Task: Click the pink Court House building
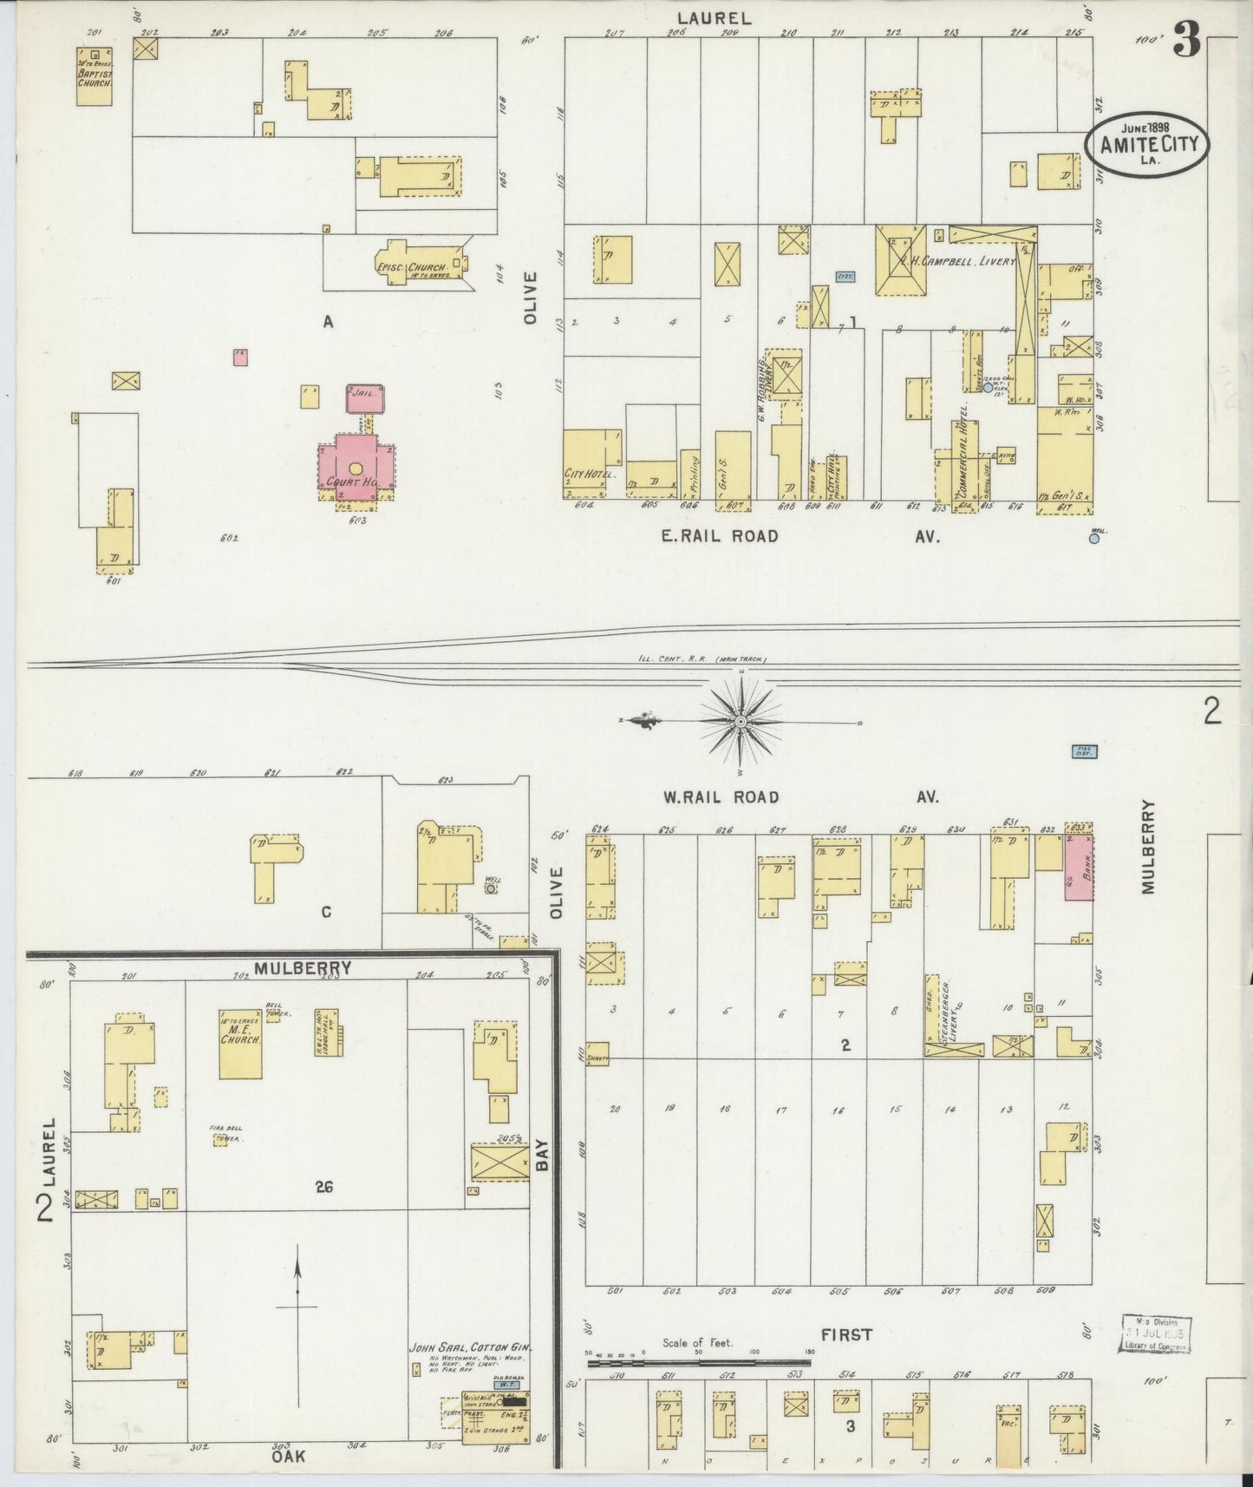click(356, 468)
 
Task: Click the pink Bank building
click(1078, 869)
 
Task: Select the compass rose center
click(741, 722)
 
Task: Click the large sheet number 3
click(1187, 42)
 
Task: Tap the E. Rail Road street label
click(720, 537)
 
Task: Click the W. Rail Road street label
click(720, 796)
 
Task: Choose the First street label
click(846, 1334)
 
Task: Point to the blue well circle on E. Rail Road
click(1094, 538)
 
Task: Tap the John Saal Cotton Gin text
click(469, 1372)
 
